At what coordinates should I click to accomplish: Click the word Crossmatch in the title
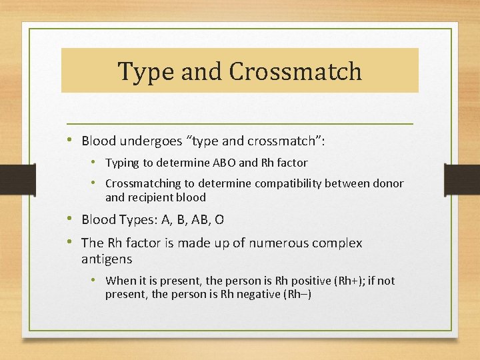tap(295, 71)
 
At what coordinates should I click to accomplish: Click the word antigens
tap(107, 258)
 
